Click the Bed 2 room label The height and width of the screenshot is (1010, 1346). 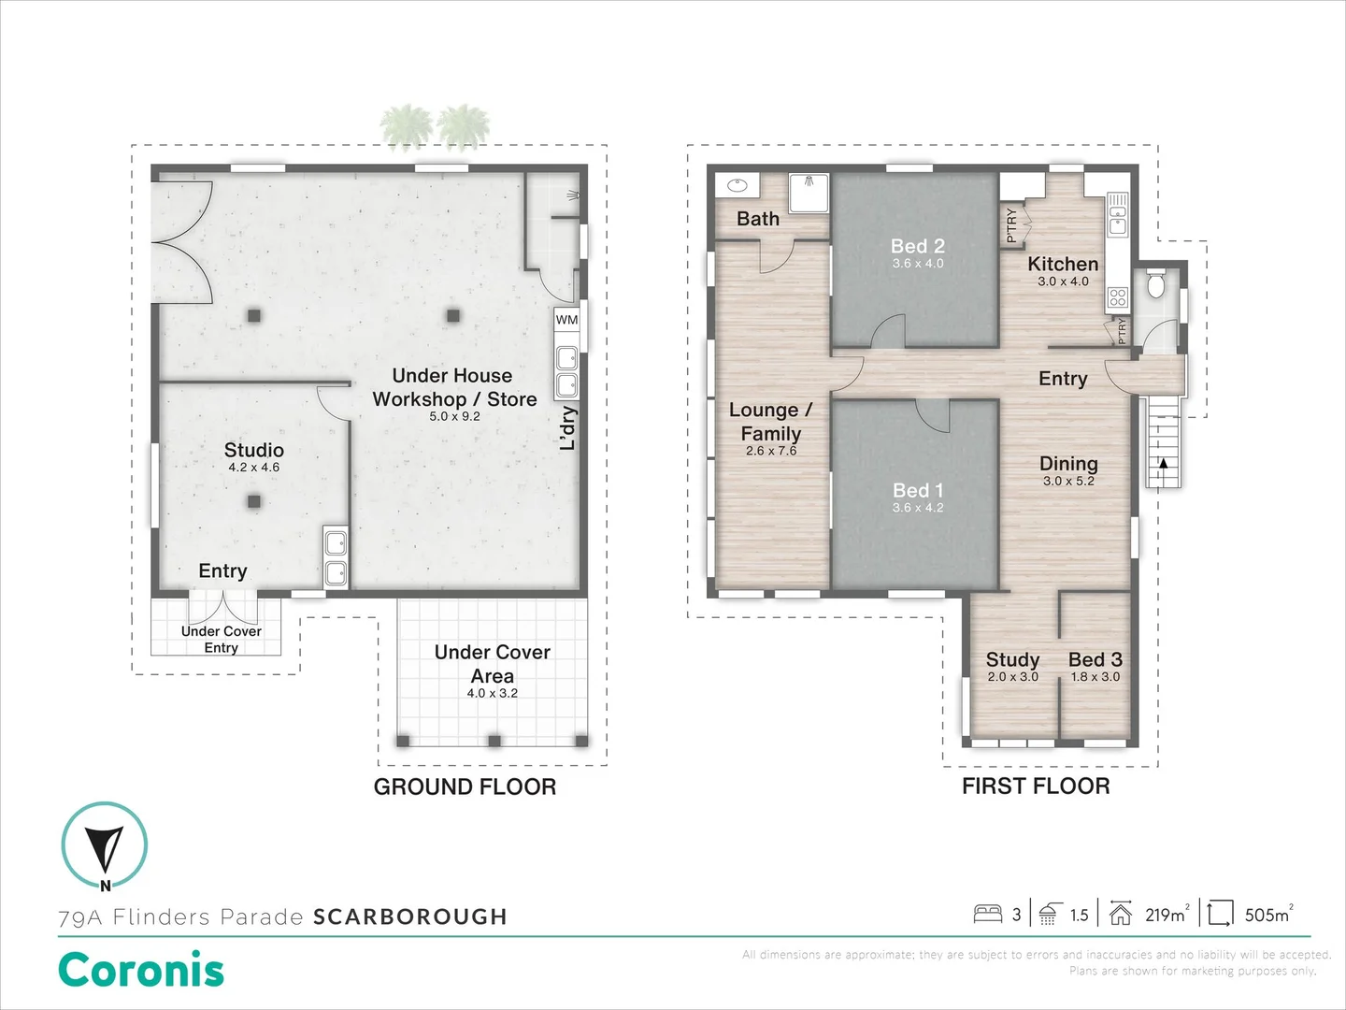point(917,246)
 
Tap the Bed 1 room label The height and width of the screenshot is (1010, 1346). point(917,490)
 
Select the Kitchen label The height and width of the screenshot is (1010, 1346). point(1063,264)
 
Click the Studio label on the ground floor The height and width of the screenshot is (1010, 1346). point(253,450)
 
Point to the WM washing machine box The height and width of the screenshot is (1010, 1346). point(566,320)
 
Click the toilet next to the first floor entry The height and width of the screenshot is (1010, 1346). point(1156,283)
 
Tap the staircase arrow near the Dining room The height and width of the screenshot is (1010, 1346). point(1163,462)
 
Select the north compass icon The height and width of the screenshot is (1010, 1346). point(105,846)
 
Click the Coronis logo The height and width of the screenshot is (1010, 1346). point(141,970)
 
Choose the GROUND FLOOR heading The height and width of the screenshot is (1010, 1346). point(465,787)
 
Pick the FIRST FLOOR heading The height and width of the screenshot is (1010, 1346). point(1036,786)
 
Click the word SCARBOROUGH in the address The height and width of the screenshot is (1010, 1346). point(409,916)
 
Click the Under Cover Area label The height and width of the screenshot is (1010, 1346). point(492,663)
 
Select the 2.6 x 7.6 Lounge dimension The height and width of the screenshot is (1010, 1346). point(771,451)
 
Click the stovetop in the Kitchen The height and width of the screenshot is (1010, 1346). point(1117,298)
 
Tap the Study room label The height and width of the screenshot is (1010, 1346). point(1012,659)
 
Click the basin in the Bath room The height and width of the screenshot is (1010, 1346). point(734,185)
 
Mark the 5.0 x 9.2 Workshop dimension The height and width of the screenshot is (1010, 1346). point(454,416)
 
